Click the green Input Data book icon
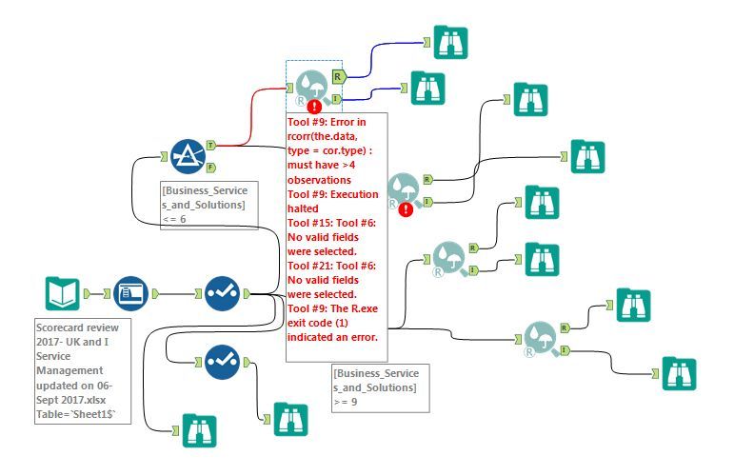(62, 293)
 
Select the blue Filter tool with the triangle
(188, 156)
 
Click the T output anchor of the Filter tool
(210, 146)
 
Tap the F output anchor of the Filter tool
(210, 168)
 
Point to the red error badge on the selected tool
(315, 107)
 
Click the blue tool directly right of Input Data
(130, 293)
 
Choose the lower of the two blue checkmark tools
(222, 362)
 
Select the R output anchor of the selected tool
(338, 75)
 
